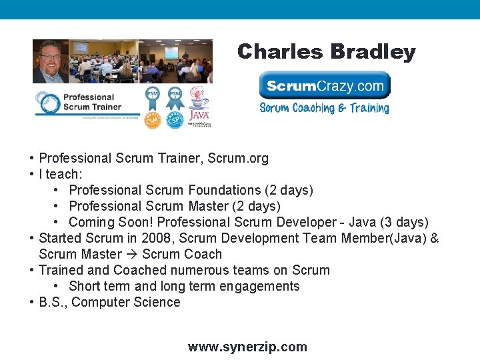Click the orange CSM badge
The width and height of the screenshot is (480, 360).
point(153,119)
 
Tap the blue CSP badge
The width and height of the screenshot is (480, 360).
point(175,119)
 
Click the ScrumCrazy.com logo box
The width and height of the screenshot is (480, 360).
point(325,85)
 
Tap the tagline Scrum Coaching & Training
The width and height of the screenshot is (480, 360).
point(324,108)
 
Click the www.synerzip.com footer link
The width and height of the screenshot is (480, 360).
point(247,347)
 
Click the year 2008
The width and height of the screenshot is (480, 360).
point(146,238)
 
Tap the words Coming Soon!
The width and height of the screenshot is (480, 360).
point(111,222)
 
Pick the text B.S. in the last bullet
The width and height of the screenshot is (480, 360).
point(52,302)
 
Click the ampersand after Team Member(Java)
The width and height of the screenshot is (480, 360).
point(435,238)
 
